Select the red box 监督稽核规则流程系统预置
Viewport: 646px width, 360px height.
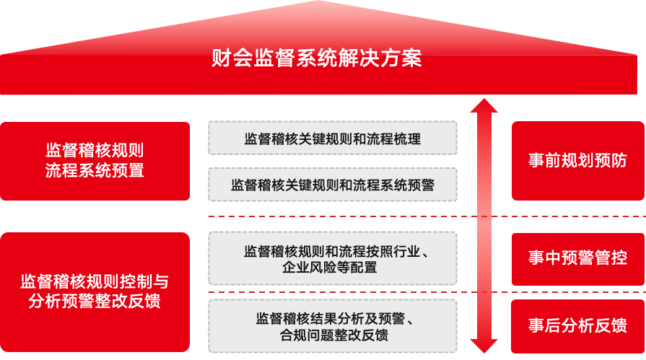(95, 161)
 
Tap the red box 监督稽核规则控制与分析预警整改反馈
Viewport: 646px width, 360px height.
(95, 291)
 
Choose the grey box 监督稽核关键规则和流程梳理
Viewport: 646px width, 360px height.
(332, 138)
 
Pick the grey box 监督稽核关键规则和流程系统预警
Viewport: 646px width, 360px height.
(332, 185)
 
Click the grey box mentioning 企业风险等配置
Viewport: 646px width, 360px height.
(332, 259)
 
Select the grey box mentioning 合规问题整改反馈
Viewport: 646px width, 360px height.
(332, 326)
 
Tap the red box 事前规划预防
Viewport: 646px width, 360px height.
(577, 161)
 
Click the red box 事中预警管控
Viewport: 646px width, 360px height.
(577, 258)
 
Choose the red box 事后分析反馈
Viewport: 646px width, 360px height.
(577, 326)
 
